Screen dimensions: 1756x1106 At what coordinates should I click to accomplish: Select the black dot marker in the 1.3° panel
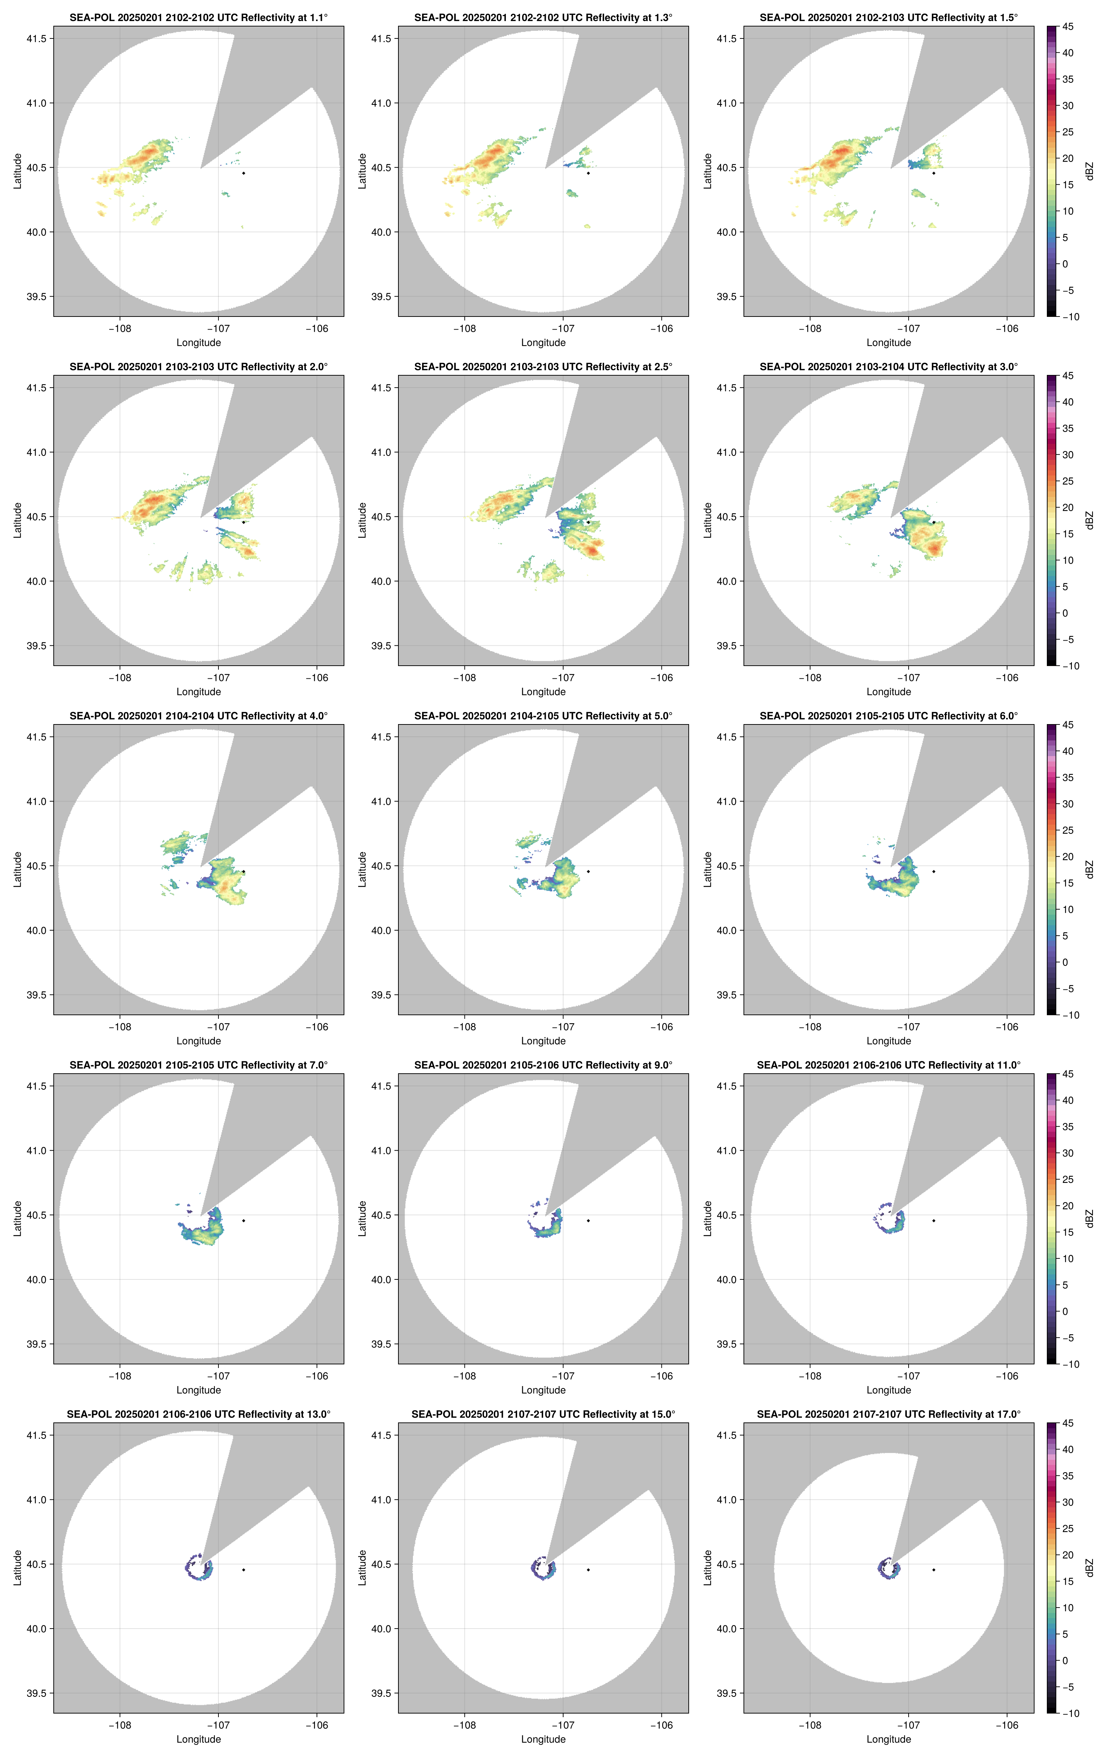pyautogui.click(x=588, y=173)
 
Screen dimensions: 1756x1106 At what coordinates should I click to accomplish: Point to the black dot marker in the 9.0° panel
pyautogui.click(x=588, y=1221)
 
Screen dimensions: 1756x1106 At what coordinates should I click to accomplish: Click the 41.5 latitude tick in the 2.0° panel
pyautogui.click(x=36, y=388)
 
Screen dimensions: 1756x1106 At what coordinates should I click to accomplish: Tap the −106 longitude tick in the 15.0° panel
pyautogui.click(x=661, y=1726)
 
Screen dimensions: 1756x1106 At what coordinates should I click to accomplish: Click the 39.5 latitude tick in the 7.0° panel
pyautogui.click(x=36, y=1344)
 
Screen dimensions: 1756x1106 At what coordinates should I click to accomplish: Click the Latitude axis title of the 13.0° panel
pyautogui.click(x=17, y=1568)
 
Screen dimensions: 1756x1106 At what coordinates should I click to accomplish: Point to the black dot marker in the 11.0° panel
pyautogui.click(x=933, y=1221)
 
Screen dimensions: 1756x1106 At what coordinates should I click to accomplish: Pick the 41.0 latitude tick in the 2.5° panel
pyautogui.click(x=381, y=452)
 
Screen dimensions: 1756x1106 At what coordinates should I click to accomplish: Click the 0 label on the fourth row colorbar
pyautogui.click(x=1065, y=1311)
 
